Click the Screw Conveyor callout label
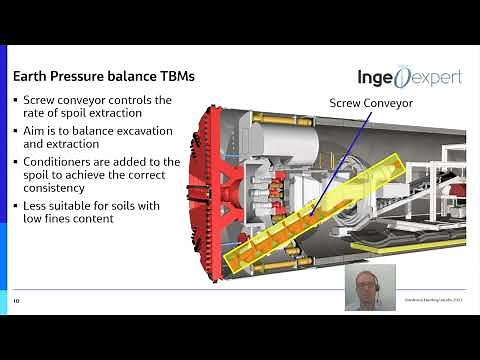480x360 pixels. (x=370, y=101)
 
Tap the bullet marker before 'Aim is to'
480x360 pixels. (x=15, y=131)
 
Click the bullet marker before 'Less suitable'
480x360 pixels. (x=15, y=206)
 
